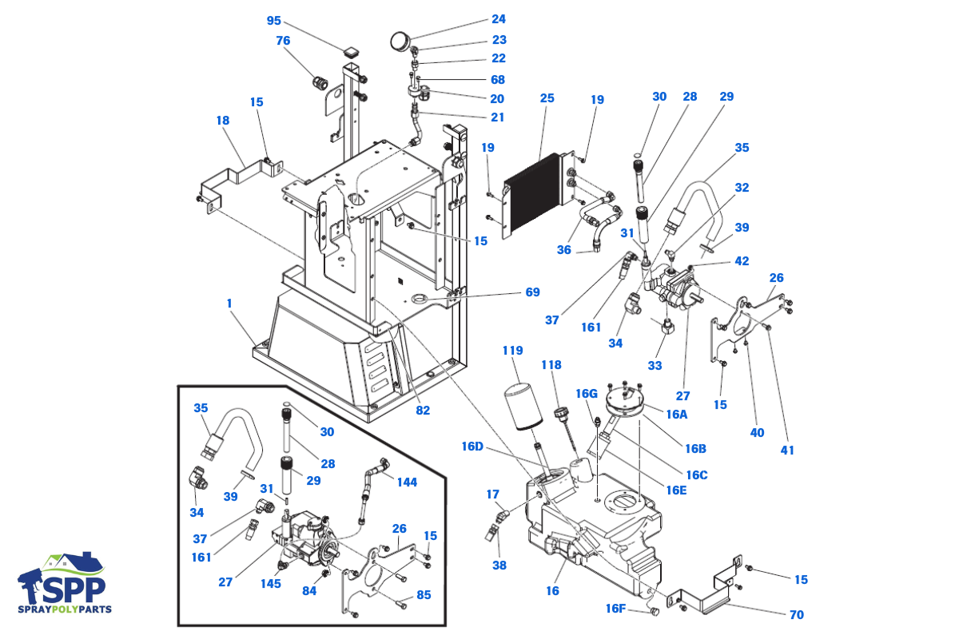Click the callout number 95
(x=273, y=21)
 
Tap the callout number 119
(x=512, y=351)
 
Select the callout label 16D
(x=472, y=447)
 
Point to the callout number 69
(x=532, y=292)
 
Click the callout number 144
(x=407, y=482)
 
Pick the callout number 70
(x=796, y=615)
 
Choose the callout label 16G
(x=586, y=394)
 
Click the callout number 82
(x=423, y=411)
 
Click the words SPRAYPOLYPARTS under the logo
(x=65, y=609)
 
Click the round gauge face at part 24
(x=400, y=41)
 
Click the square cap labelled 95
(x=351, y=53)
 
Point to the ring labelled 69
(x=421, y=298)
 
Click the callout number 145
(x=271, y=584)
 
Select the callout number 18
(x=223, y=121)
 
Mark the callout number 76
(x=283, y=41)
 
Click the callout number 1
(x=229, y=304)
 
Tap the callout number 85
(x=424, y=595)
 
